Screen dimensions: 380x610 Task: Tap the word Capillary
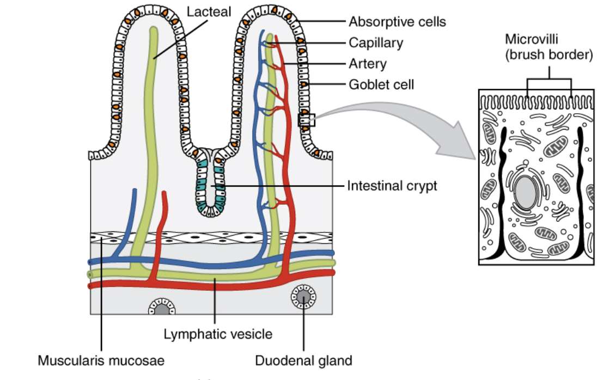pos(376,43)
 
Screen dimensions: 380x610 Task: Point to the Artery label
pos(368,64)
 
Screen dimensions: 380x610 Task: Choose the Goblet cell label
pos(381,84)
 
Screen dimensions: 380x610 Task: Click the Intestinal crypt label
pos(392,186)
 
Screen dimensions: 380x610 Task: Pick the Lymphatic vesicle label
pos(218,333)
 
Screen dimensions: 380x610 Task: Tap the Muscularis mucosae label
pos(101,360)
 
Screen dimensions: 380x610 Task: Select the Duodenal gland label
pos(303,360)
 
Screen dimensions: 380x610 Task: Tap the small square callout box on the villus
pos(307,120)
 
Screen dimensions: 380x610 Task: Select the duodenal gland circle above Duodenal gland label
pos(303,296)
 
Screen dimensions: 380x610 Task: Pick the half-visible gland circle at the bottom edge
pos(162,308)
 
